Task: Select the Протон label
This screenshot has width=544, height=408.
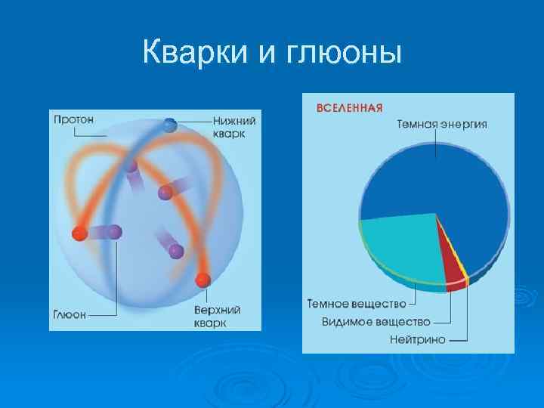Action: click(73, 119)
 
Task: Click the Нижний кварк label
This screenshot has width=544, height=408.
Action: click(235, 126)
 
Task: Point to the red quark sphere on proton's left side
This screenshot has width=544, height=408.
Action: click(79, 233)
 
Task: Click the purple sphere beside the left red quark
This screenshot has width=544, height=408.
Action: click(114, 232)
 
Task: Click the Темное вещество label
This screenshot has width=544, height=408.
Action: click(355, 304)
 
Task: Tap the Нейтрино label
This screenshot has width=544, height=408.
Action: click(417, 339)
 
